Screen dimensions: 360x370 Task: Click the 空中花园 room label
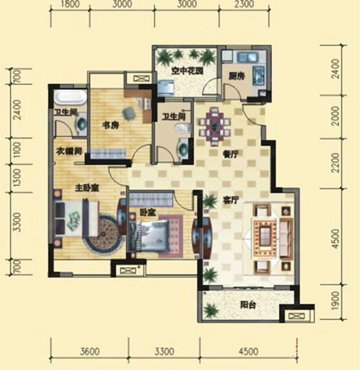pos(187,71)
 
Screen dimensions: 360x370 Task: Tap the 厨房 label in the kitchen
pos(237,76)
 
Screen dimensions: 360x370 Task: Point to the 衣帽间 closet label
pos(69,151)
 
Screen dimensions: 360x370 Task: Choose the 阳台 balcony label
pos(248,305)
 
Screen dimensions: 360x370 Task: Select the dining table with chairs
pos(215,127)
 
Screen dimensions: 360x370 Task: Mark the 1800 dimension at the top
pos(70,4)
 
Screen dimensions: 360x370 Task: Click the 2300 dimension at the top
pos(245,4)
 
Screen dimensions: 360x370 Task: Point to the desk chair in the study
pos(129,113)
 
